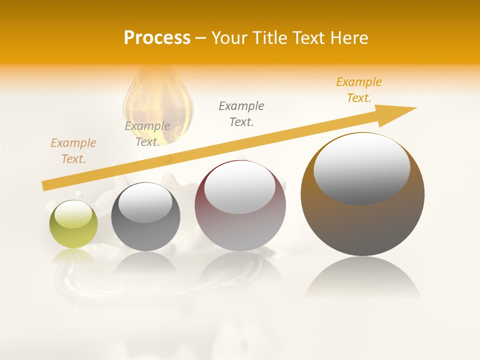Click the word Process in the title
click(x=157, y=37)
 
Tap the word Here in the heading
click(x=348, y=38)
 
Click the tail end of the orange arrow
click(x=46, y=185)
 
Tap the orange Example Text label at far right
click(x=359, y=90)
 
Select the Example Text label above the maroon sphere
click(x=241, y=113)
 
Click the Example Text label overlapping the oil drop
click(x=147, y=133)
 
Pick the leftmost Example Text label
click(x=73, y=150)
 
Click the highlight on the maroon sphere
click(x=239, y=187)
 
